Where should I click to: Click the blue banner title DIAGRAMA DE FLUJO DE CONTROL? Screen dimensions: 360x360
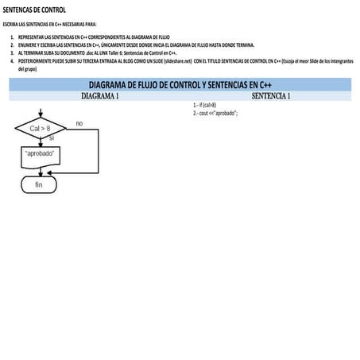point(180,84)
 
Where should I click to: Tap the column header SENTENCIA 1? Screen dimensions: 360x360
point(270,96)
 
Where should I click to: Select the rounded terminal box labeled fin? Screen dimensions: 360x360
point(39,184)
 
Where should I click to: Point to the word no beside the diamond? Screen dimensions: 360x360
point(79,123)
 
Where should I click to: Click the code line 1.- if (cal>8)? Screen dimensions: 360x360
point(205,105)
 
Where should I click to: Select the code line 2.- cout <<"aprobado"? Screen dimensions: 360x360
point(215,113)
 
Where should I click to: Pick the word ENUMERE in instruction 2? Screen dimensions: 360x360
point(30,45)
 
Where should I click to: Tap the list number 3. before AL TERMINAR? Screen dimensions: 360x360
point(12,53)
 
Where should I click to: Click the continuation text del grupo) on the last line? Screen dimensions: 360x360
point(28,68)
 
